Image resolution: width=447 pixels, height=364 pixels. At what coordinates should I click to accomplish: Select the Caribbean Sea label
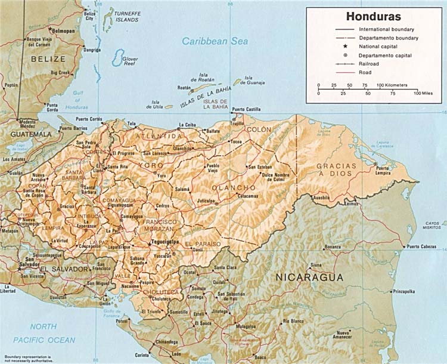(x=215, y=41)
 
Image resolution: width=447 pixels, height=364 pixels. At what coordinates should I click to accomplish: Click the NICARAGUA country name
(x=310, y=277)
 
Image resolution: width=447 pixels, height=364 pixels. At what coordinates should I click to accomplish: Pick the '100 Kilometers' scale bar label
(x=392, y=85)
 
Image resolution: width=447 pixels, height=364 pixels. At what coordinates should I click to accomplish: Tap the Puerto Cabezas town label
(x=422, y=246)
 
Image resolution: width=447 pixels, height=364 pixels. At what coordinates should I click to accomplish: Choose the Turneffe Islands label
(x=128, y=16)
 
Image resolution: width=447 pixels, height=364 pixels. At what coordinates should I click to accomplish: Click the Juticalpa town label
(x=206, y=201)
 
